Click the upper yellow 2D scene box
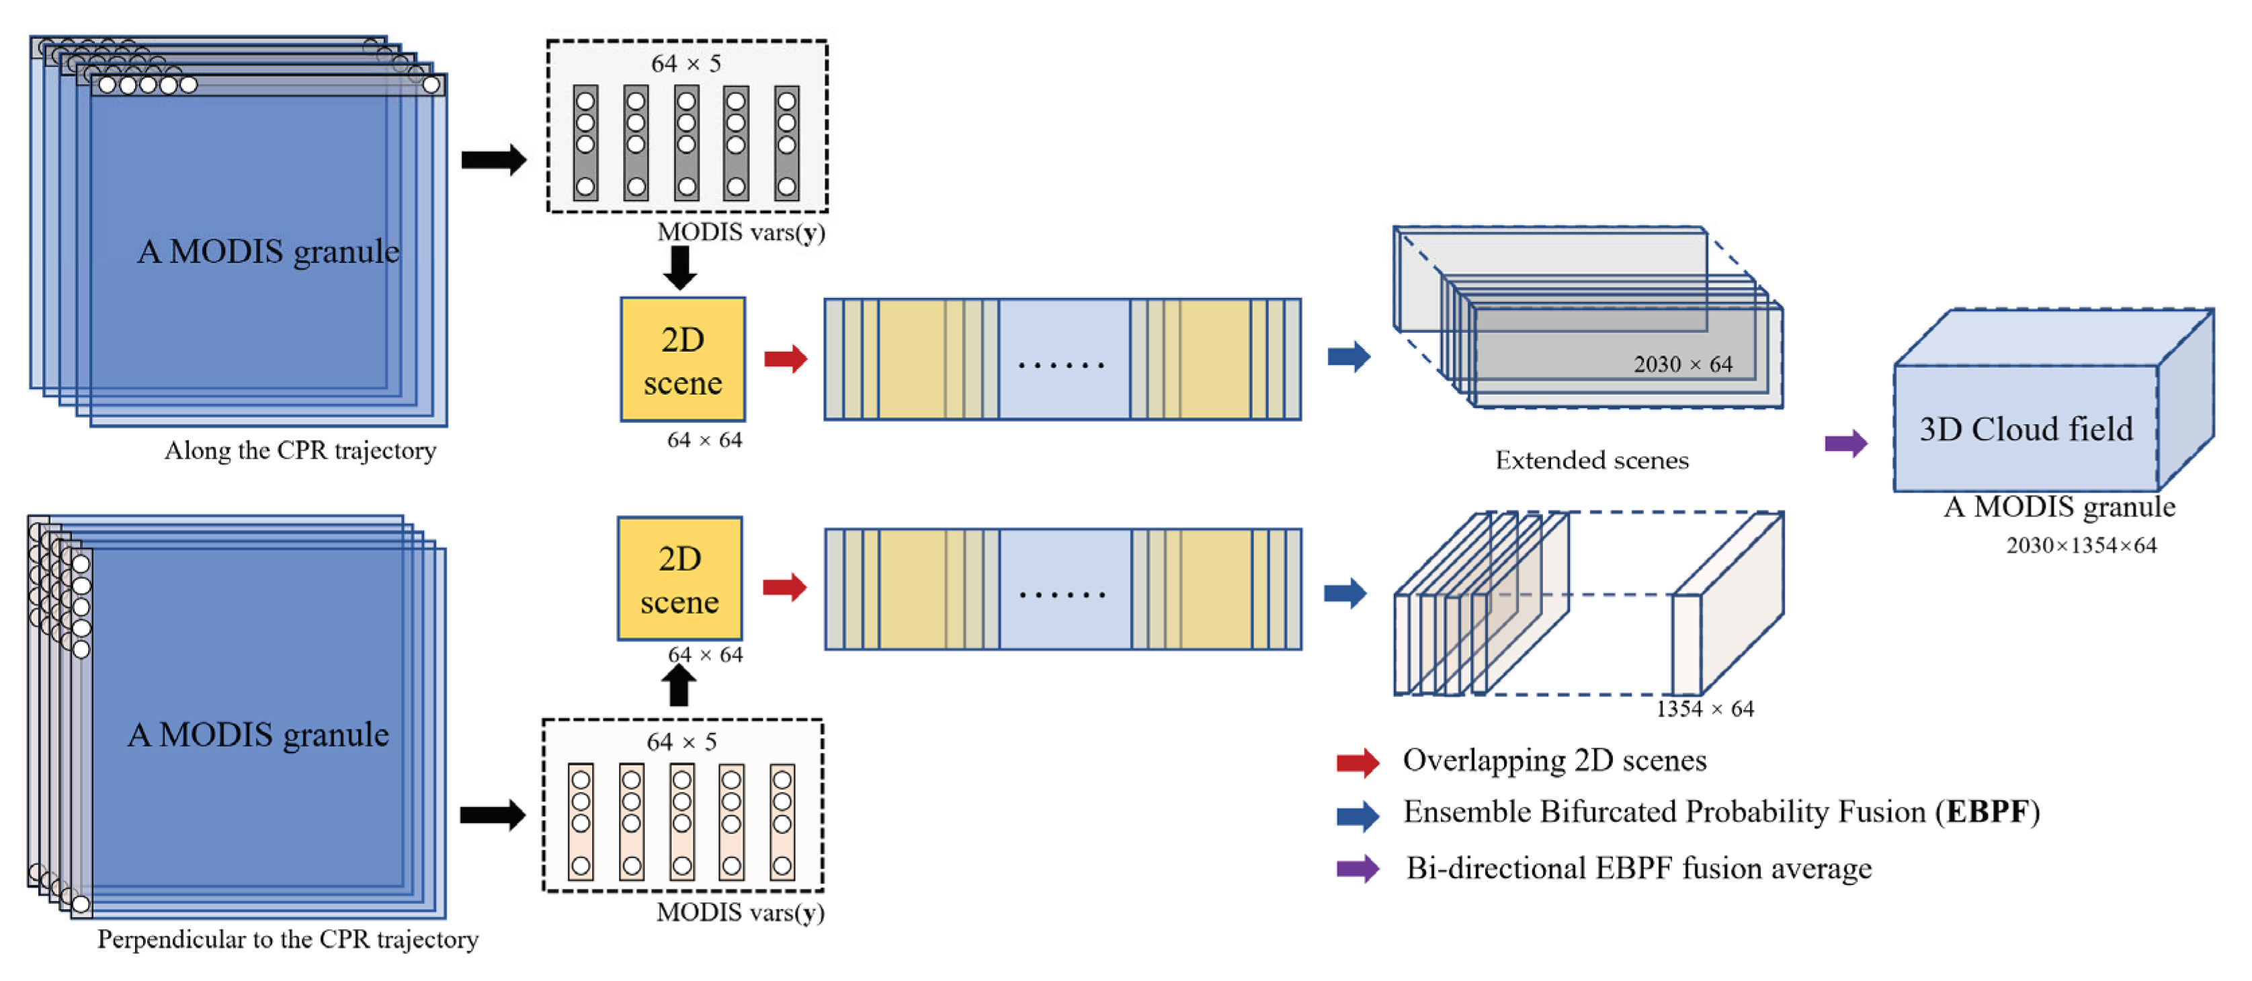coord(683,359)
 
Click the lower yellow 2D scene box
coord(679,579)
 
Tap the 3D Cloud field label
coord(2026,429)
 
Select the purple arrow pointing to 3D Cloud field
coord(1845,442)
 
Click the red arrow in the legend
coord(1357,762)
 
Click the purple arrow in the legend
coord(1357,869)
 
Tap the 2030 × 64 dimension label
coord(1682,364)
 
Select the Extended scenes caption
coord(1591,461)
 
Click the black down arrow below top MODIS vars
coord(679,267)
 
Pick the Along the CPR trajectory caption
coord(300,451)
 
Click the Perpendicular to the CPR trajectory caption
coord(288,940)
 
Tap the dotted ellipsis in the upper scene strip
coord(1061,364)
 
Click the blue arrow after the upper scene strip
coord(1348,356)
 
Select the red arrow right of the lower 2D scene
coord(784,588)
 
